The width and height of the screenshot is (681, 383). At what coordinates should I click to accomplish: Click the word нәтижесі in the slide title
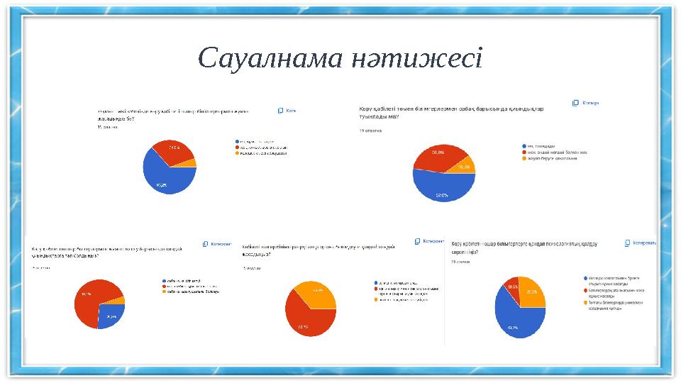pyautogui.click(x=418, y=59)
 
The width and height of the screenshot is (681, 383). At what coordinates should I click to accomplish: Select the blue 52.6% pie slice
pyautogui.click(x=440, y=188)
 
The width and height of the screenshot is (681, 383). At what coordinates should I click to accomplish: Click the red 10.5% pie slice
pyautogui.click(x=511, y=288)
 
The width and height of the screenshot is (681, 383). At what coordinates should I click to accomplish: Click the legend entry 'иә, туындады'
pyautogui.click(x=543, y=145)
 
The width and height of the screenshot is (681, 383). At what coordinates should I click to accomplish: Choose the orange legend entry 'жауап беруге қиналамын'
pyautogui.click(x=550, y=158)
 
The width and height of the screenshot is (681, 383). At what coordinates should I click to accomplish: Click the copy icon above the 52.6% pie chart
pyautogui.click(x=575, y=103)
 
